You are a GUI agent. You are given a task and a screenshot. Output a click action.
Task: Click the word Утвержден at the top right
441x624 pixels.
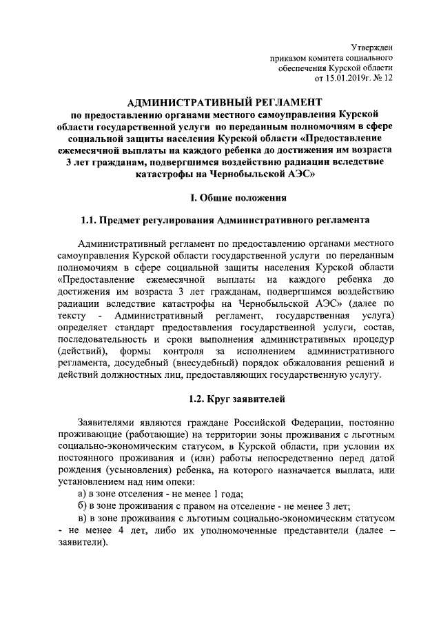[371, 47]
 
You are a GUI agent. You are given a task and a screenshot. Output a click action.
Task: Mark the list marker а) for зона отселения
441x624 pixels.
[82, 496]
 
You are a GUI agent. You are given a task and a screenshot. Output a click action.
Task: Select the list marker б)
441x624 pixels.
[82, 508]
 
